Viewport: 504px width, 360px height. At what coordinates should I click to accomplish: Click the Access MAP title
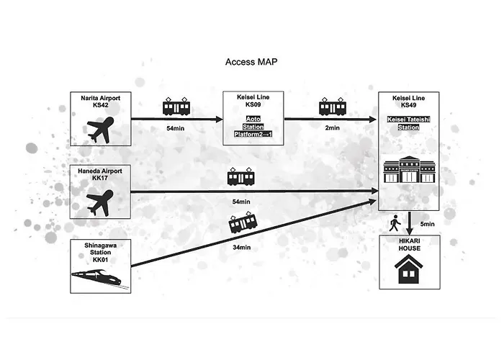tap(251, 62)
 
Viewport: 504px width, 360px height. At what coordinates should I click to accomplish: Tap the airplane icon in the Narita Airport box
tap(101, 130)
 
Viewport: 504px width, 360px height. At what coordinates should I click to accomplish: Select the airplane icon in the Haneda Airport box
tap(100, 203)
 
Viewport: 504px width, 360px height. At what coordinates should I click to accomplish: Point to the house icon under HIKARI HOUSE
tap(408, 269)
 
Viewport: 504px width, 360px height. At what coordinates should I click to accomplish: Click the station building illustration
tap(409, 169)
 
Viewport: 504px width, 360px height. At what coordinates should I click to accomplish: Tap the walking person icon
tap(395, 223)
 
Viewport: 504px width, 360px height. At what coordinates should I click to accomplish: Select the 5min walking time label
tap(427, 224)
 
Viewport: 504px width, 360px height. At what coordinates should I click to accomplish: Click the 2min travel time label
tap(333, 128)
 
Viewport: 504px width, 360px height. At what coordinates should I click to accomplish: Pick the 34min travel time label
tap(242, 248)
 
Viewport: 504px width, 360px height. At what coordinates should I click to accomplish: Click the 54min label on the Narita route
tap(176, 128)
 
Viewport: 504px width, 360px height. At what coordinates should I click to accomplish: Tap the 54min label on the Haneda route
tap(241, 202)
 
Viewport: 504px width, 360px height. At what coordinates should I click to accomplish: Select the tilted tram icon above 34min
tap(243, 222)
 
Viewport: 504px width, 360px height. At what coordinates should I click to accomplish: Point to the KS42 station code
tap(101, 105)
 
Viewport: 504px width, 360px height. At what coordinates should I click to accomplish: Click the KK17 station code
tap(100, 178)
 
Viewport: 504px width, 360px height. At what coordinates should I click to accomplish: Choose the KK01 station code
tap(100, 260)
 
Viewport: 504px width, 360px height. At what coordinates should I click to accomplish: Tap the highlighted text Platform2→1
tap(253, 134)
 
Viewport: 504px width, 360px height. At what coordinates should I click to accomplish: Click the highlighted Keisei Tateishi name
tap(408, 120)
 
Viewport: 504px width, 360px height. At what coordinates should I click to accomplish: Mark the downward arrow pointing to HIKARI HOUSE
tap(409, 223)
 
